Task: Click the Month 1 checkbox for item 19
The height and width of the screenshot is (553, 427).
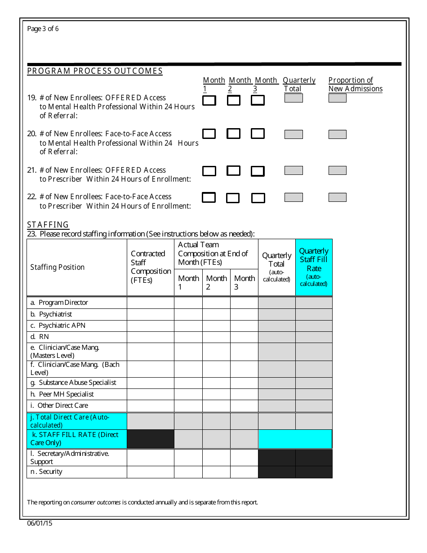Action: click(209, 101)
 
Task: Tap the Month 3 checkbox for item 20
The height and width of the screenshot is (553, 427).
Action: click(258, 134)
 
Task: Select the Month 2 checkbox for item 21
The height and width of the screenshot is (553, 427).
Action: click(233, 170)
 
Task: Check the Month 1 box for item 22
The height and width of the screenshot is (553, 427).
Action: click(209, 197)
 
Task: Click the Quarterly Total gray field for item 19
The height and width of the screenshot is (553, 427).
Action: click(294, 98)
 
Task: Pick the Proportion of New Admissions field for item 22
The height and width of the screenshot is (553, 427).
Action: click(337, 197)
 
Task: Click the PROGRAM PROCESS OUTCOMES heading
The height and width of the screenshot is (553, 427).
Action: click(95, 71)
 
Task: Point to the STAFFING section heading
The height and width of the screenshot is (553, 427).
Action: click(48, 224)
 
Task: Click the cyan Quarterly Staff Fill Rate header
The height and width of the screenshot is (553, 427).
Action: click(314, 267)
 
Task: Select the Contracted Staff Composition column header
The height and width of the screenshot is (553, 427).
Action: click(151, 267)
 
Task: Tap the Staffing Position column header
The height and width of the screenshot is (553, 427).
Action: click(58, 267)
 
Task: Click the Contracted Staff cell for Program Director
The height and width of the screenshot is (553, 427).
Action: click(151, 303)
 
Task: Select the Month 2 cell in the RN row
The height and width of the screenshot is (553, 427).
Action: click(216, 337)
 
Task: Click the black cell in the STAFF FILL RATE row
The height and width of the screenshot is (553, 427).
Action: click(151, 439)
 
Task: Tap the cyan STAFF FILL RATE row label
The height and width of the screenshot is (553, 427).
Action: click(76, 439)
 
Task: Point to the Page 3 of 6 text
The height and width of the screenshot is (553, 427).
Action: click(43, 29)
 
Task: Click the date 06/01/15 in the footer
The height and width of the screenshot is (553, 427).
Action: click(40, 523)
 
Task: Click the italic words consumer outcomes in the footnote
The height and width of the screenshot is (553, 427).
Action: click(96, 502)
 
